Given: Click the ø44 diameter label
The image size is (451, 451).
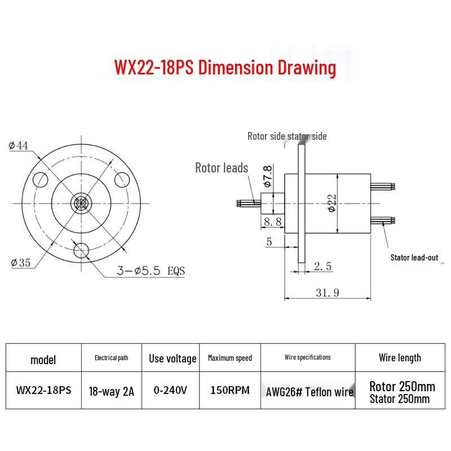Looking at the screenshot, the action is click(19, 145).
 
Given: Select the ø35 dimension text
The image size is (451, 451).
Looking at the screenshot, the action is click(20, 263).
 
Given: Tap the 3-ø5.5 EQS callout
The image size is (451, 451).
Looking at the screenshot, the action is click(151, 271).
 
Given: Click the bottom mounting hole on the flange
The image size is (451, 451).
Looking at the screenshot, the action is click(81, 250).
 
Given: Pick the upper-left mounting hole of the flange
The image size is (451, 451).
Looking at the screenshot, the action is click(40, 180).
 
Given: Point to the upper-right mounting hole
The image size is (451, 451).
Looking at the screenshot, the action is click(122, 180).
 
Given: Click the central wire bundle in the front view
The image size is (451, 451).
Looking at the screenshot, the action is click(81, 204).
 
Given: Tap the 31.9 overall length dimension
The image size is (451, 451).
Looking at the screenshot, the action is click(328, 293).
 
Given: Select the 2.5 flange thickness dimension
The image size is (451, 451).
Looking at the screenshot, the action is click(322, 266).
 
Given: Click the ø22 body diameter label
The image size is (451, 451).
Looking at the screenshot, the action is click(332, 203).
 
